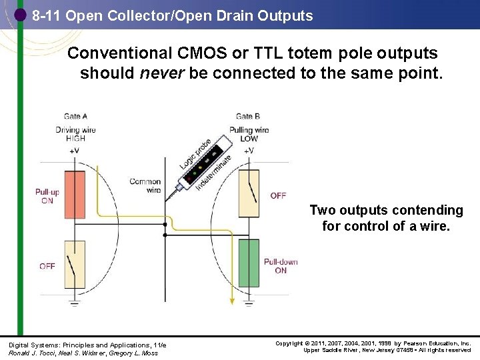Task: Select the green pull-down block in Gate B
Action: [x=249, y=263]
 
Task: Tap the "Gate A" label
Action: [x=75, y=117]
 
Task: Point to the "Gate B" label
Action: [x=248, y=117]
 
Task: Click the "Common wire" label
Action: [x=145, y=185]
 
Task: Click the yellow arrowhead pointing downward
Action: [x=232, y=301]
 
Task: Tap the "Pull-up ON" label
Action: [x=47, y=196]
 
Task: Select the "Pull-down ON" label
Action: [x=281, y=266]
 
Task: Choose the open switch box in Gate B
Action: [x=249, y=193]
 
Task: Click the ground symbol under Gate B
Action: [x=249, y=303]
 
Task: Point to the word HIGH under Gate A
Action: [x=75, y=139]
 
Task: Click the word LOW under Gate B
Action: [x=249, y=139]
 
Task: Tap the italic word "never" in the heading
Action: [x=162, y=73]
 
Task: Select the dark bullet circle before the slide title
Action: [x=20, y=15]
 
